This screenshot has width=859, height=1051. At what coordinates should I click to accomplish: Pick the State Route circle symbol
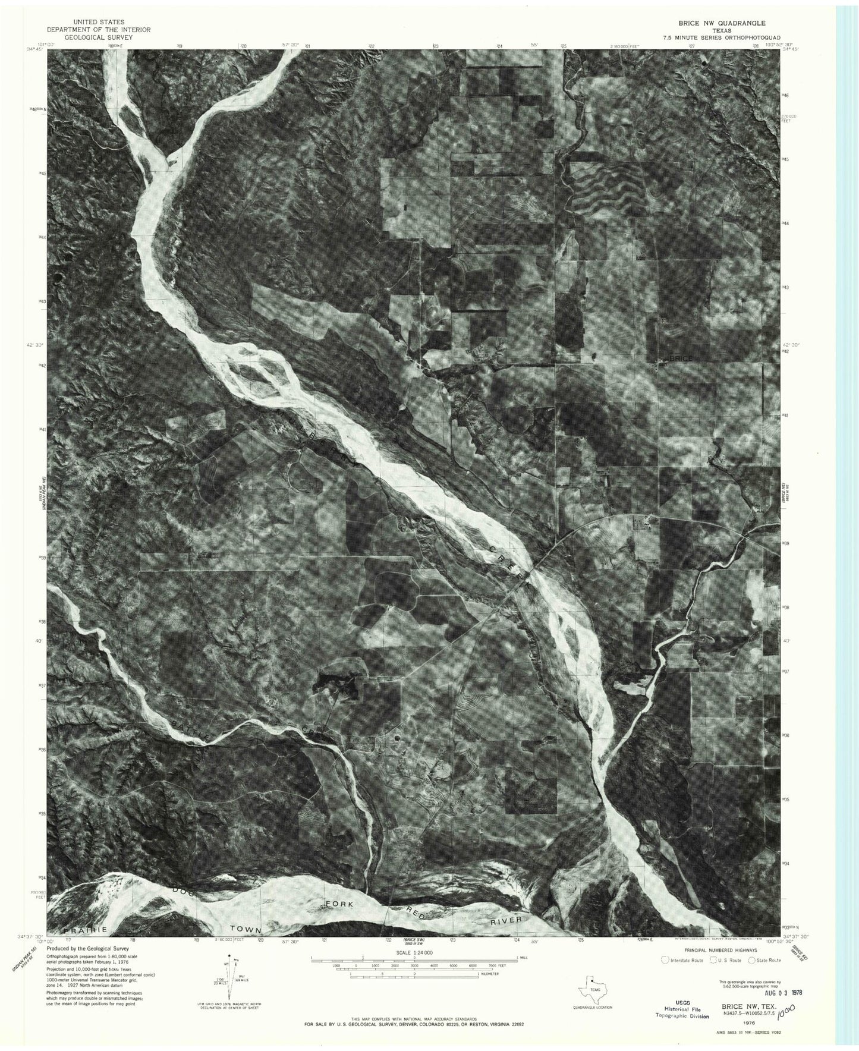[x=752, y=959]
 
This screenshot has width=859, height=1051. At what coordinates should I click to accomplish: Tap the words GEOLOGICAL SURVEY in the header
[x=99, y=37]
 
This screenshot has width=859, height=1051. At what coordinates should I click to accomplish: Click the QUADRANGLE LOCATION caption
[x=592, y=1007]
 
